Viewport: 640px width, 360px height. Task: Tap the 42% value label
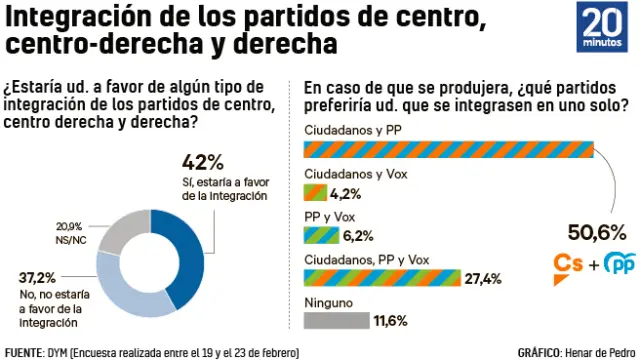pyautogui.click(x=203, y=163)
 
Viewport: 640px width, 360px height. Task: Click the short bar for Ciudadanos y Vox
pyautogui.click(x=314, y=193)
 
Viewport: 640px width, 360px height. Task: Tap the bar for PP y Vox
pyautogui.click(x=319, y=235)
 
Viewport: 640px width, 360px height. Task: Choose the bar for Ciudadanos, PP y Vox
pyautogui.click(x=381, y=278)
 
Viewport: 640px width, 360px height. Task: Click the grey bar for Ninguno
pyautogui.click(x=334, y=320)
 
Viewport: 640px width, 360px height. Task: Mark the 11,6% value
pyautogui.click(x=386, y=321)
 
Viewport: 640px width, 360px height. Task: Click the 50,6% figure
pyautogui.click(x=596, y=233)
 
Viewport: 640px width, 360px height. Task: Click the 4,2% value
pyautogui.click(x=344, y=193)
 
